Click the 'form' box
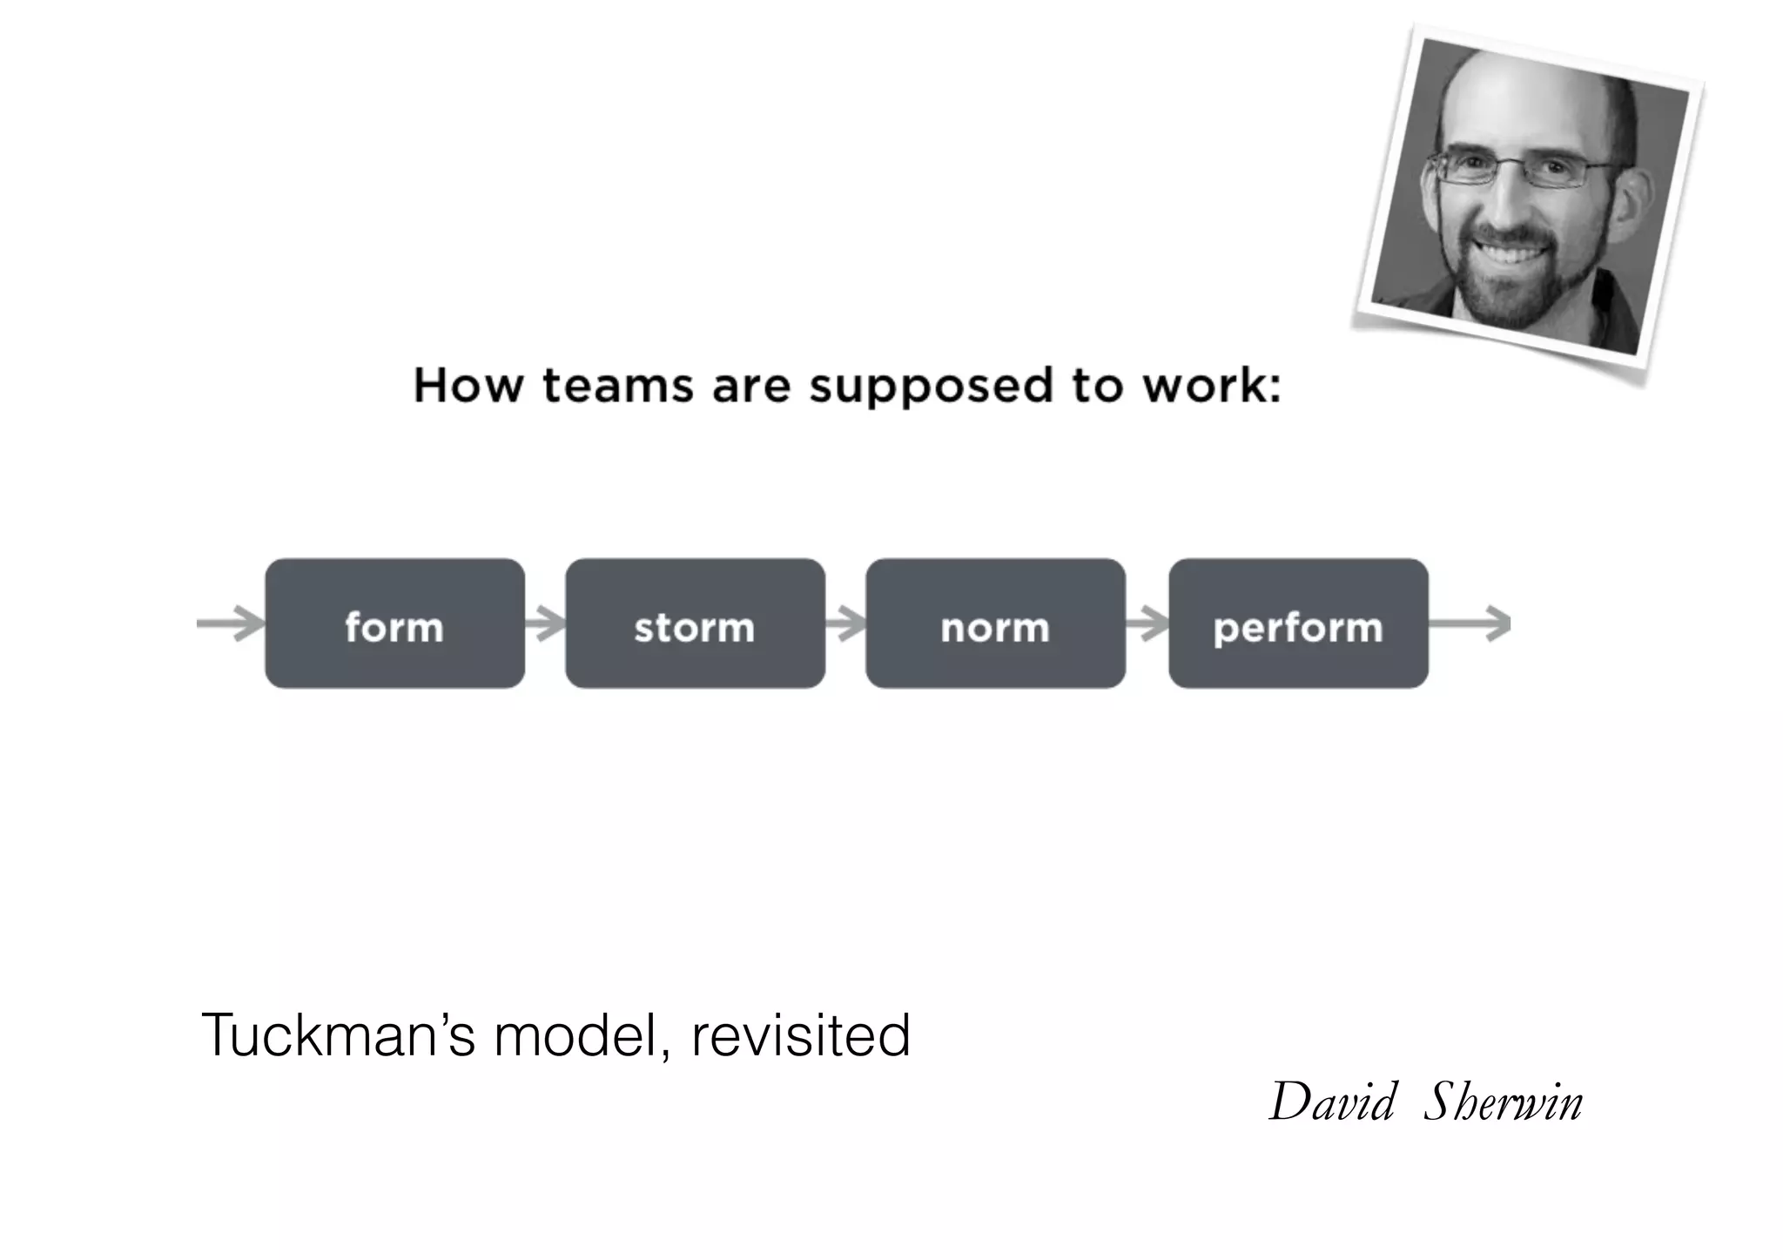[394, 624]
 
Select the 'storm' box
[695, 624]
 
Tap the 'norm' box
[995, 624]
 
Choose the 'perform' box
[1298, 624]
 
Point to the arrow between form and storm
[546, 623]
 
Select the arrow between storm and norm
[845, 623]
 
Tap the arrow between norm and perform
[1147, 623]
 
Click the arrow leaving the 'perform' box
[1470, 623]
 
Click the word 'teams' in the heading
[617, 386]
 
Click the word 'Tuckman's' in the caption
[339, 1035]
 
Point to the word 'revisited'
[800, 1035]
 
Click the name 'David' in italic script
[1333, 1102]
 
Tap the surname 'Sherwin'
[1503, 1102]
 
